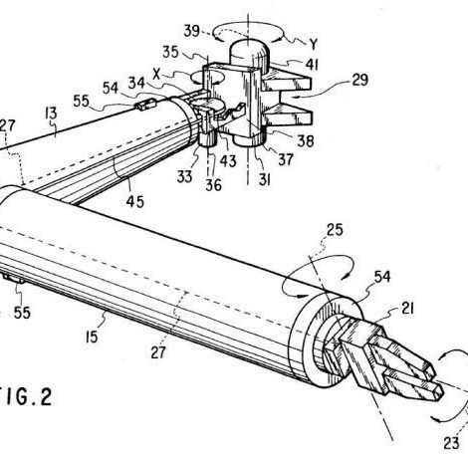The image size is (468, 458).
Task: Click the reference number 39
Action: [x=192, y=31]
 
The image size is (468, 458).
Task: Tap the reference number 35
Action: [x=170, y=52]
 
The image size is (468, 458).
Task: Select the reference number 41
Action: [x=312, y=65]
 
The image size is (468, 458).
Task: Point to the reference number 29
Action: [x=359, y=80]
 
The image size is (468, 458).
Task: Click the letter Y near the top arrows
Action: [x=313, y=44]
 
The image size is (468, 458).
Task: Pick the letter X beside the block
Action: [x=156, y=75]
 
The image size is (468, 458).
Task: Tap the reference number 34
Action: [x=136, y=83]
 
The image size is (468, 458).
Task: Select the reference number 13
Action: [x=51, y=114]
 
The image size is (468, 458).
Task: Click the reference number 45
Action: [x=135, y=201]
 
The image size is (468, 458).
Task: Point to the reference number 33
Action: [x=184, y=177]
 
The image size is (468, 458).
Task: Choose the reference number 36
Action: [x=213, y=185]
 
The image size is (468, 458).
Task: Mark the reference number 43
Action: [x=228, y=161]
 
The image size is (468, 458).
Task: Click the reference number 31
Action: [x=265, y=179]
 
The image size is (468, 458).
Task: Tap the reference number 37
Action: [x=286, y=159]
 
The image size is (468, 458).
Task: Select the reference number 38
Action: [x=306, y=141]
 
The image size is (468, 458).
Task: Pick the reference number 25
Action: [x=335, y=230]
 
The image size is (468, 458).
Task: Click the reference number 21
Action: [x=407, y=309]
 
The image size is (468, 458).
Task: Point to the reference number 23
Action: [x=451, y=443]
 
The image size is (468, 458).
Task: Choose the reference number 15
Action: [x=92, y=338]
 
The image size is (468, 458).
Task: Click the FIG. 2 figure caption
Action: [x=26, y=397]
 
